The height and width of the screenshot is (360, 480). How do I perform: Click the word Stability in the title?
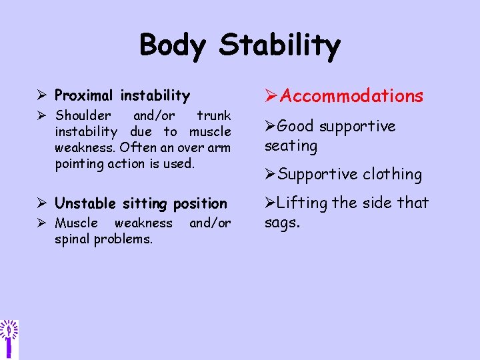280,46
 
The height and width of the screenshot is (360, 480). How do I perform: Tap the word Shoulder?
83,116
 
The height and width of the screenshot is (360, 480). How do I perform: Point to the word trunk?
213,116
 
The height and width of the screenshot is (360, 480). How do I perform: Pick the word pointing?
81,163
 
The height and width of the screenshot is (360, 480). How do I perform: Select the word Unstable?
86,203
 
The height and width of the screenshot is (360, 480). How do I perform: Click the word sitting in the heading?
146,203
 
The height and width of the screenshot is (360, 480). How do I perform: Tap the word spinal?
72,239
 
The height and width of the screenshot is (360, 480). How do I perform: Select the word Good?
295,126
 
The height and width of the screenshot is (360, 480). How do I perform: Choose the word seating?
291,145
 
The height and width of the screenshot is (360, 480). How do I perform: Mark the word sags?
282,222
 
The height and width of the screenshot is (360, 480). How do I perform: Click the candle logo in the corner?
9,337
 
